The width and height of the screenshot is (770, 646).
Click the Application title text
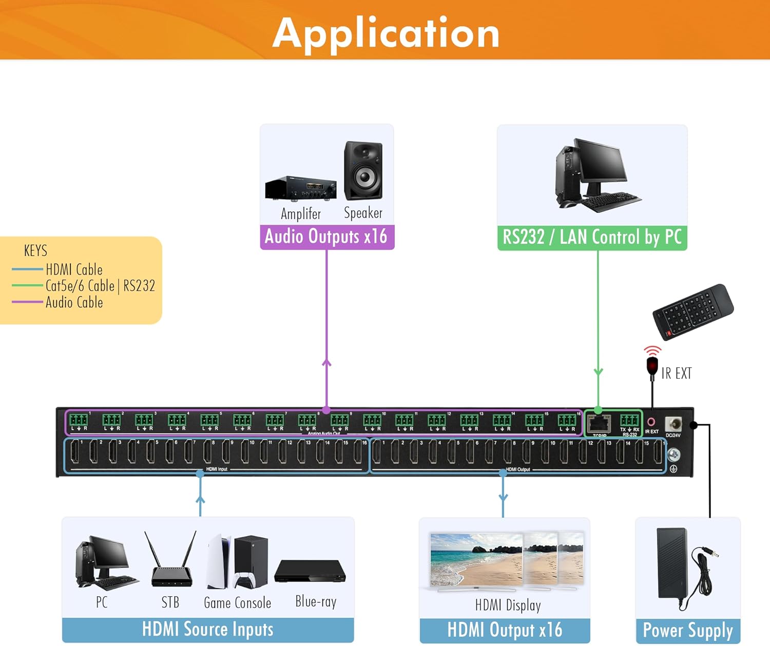click(386, 33)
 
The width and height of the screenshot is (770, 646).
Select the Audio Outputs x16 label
click(326, 237)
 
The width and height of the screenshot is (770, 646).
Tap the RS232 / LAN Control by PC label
click(592, 238)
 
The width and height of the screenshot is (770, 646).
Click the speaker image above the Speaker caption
click(363, 171)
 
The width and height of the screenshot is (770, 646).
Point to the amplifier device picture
click(301, 188)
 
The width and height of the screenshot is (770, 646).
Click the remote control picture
click(692, 311)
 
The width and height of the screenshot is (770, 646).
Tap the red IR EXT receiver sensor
click(652, 366)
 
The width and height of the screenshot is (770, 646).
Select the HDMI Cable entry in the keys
click(74, 269)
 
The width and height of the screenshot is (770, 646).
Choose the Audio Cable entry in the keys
click(74, 302)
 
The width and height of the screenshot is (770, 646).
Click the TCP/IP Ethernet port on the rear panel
click(599, 424)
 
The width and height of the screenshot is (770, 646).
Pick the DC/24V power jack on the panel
click(673, 424)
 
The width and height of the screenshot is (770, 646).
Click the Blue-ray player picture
click(310, 572)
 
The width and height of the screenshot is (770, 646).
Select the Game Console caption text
click(237, 603)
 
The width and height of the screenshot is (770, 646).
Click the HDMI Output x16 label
click(505, 630)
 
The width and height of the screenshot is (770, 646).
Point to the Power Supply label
click(688, 631)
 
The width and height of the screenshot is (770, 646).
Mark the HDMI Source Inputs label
click(208, 630)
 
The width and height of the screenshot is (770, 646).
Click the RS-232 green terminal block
click(629, 420)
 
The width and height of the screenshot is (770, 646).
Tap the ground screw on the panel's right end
click(673, 454)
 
